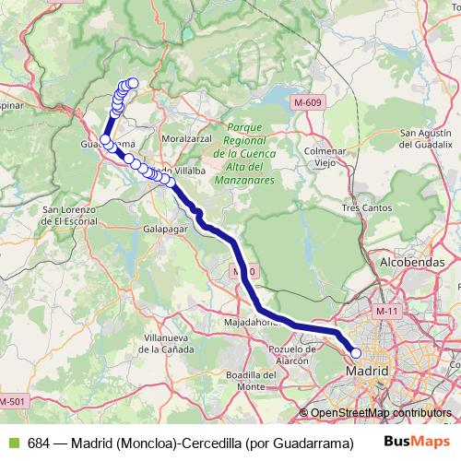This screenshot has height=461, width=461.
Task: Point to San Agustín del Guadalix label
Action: [425, 139]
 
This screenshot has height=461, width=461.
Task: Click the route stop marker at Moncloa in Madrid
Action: [356, 352]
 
